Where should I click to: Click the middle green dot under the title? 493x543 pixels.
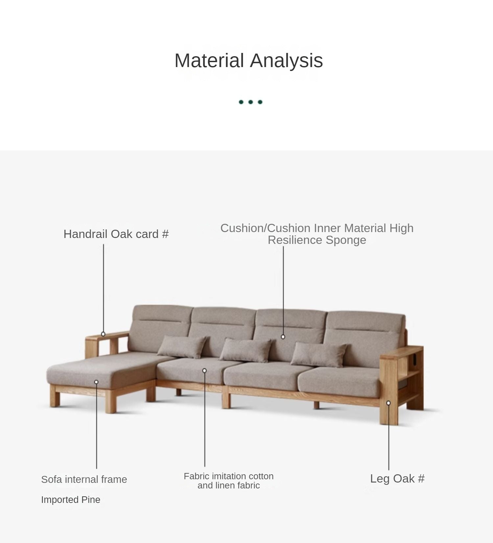click(250, 102)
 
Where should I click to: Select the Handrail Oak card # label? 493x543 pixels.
click(116, 234)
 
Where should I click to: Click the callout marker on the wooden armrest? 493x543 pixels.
click(103, 334)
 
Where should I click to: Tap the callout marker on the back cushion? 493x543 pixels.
click(283, 337)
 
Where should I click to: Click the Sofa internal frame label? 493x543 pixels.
click(84, 479)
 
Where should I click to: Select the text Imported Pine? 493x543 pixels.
click(71, 500)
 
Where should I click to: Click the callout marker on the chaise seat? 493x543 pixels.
click(96, 382)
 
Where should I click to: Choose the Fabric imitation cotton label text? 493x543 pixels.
click(229, 476)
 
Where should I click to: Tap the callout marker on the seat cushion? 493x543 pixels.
click(204, 371)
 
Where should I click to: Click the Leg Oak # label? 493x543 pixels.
click(397, 479)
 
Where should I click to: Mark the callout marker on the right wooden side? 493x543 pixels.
click(388, 403)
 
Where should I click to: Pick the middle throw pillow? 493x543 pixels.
click(246, 350)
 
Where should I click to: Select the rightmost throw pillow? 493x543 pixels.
click(319, 354)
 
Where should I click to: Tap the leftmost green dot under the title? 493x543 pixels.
click(241, 102)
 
